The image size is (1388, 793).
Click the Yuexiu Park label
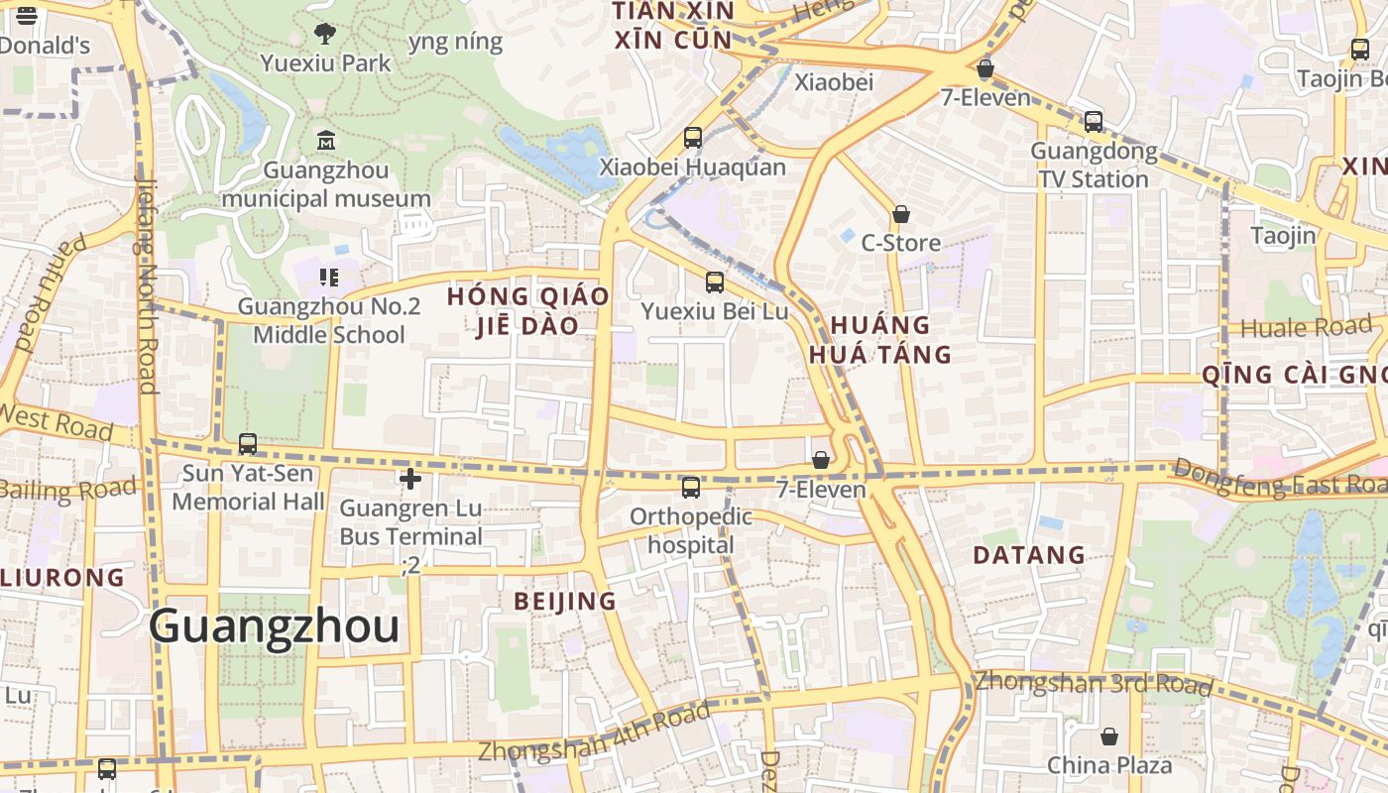(325, 63)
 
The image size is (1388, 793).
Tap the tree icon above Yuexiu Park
(324, 34)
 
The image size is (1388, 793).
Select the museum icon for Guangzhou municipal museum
(325, 140)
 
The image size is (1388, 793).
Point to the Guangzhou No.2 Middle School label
(329, 320)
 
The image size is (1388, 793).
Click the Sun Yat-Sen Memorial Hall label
(248, 488)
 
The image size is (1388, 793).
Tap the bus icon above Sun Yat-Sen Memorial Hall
(248, 443)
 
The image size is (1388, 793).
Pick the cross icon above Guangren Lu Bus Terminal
(409, 480)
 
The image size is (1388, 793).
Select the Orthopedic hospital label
(692, 531)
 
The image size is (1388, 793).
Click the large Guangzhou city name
(275, 626)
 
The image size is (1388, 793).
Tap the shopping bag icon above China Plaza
(1109, 736)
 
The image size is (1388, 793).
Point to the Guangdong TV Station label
(1094, 166)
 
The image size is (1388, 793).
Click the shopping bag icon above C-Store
(900, 214)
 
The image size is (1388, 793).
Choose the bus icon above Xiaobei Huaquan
(692, 138)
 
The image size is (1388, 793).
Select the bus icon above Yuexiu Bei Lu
(714, 283)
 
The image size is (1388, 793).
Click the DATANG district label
(1029, 555)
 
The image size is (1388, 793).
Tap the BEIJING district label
(565, 601)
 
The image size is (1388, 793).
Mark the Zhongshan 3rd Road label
(1093, 683)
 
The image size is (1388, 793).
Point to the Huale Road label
(1306, 327)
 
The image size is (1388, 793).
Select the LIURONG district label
(62, 577)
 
